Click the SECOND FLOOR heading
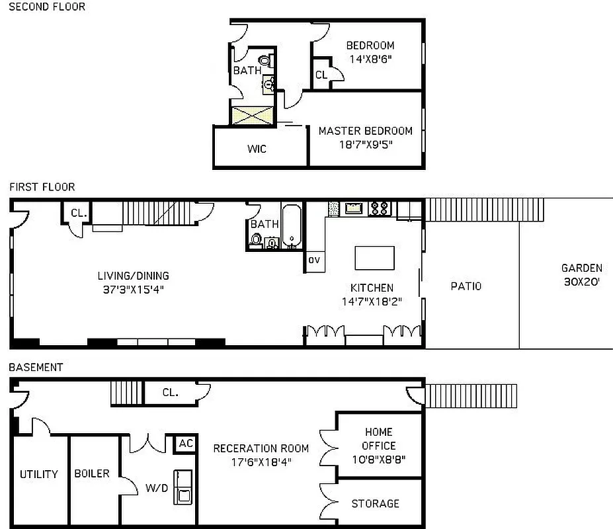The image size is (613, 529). click(x=47, y=7)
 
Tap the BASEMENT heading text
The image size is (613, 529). click(x=36, y=367)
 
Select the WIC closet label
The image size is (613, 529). click(x=257, y=149)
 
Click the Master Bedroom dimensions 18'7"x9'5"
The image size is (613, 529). click(x=365, y=143)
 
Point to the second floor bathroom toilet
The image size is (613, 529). click(x=265, y=61)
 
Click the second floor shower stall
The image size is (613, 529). click(x=251, y=115)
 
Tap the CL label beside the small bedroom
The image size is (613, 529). click(x=321, y=75)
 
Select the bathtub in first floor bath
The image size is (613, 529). click(x=292, y=227)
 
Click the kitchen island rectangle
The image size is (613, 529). click(x=374, y=257)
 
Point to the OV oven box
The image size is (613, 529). click(x=314, y=261)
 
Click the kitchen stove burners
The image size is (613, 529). click(x=379, y=208)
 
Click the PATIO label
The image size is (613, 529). click(x=466, y=286)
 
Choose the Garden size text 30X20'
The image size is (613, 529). click(x=581, y=281)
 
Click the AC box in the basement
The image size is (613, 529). click(x=186, y=444)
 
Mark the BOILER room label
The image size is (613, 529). click(x=92, y=473)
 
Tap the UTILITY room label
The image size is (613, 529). click(x=39, y=474)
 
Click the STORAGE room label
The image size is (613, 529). click(x=375, y=504)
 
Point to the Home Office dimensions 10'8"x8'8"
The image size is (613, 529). click(x=378, y=459)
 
